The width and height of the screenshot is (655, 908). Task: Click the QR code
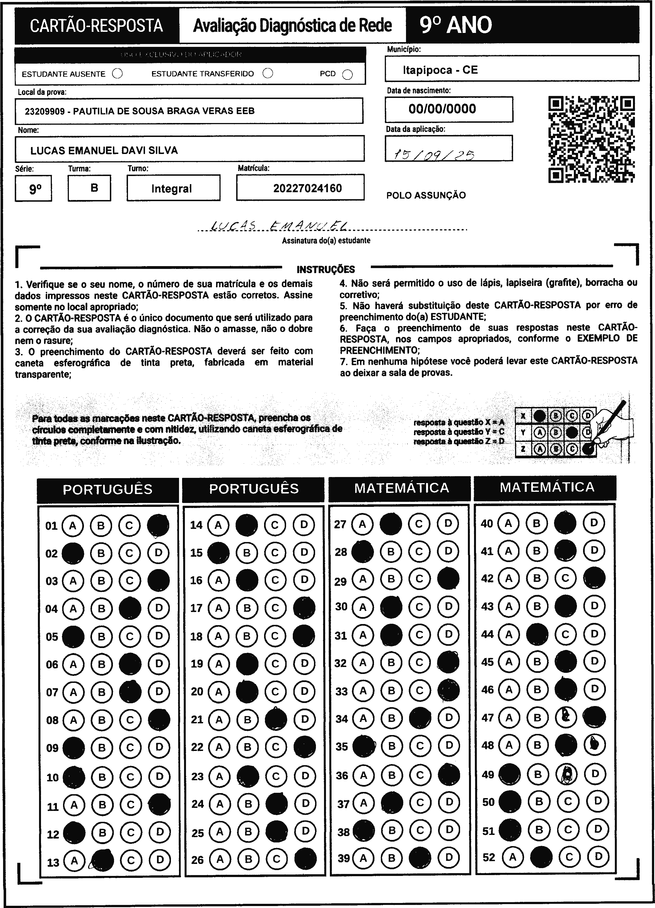coord(591,139)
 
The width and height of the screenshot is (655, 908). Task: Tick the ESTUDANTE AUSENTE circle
coord(118,74)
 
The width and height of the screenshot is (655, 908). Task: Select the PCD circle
coord(348,75)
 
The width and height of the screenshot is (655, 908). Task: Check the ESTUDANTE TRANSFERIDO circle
coord(268,73)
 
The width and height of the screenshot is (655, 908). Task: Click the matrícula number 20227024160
coord(307,188)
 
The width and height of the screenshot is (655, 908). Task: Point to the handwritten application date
coord(434,154)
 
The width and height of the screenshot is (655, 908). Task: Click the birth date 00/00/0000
coord(442,109)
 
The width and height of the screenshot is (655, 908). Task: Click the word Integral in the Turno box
coord(172,189)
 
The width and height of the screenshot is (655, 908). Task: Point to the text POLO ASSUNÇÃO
coord(426,195)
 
